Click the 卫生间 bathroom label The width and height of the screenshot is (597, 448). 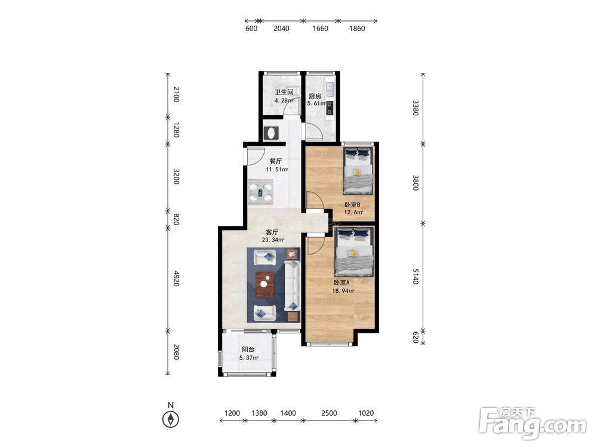click(284, 92)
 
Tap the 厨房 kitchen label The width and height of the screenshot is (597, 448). click(315, 96)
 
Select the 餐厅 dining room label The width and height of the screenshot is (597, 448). click(276, 161)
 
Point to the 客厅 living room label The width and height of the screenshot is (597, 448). click(272, 232)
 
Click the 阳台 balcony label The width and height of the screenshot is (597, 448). click(248, 349)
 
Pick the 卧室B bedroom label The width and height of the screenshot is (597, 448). click(353, 204)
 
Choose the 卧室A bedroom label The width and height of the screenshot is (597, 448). click(341, 283)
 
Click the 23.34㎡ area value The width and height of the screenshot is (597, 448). click(273, 240)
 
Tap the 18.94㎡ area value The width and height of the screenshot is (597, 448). click(343, 291)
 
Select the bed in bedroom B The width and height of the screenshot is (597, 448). click(358, 170)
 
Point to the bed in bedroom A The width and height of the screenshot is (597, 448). click(354, 252)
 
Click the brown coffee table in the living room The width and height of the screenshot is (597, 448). click(265, 284)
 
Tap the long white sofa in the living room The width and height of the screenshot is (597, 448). click(293, 285)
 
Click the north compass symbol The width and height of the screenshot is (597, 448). click(171, 419)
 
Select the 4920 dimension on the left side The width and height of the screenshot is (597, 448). click(176, 278)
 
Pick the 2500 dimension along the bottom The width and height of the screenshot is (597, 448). click(329, 413)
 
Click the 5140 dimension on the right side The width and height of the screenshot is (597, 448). click(416, 276)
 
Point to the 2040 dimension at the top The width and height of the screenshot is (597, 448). click(281, 29)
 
